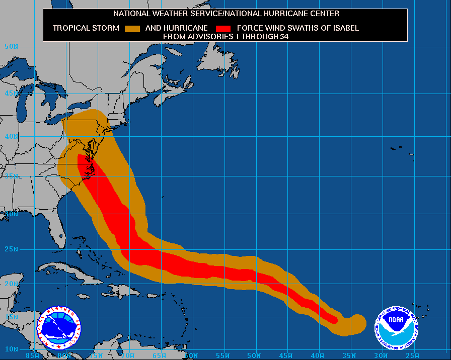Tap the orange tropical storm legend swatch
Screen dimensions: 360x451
point(132,28)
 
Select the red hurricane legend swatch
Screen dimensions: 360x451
point(222,28)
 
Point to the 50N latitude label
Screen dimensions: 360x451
point(12,46)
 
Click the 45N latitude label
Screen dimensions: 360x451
point(12,94)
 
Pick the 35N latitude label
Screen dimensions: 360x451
point(12,176)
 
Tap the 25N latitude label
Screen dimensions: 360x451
point(12,249)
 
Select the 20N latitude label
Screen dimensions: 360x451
point(12,284)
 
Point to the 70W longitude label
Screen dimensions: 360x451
point(128,355)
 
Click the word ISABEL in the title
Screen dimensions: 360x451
point(345,28)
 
